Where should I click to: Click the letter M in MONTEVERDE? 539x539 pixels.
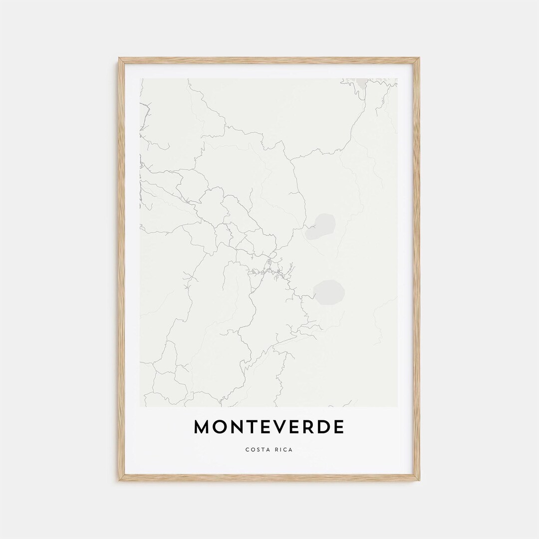tap(203, 427)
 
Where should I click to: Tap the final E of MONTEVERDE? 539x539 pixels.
tap(338, 427)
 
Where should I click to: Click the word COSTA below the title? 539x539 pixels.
tap(257, 450)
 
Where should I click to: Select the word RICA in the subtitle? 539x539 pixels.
tap(284, 450)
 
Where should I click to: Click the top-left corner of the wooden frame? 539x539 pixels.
tap(120, 59)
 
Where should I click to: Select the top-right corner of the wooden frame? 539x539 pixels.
tap(418, 59)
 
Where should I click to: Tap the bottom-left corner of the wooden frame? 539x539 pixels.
tap(120, 480)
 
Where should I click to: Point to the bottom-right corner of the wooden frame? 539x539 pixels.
tap(418, 480)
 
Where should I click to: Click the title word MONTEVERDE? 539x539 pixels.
tap(269, 427)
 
